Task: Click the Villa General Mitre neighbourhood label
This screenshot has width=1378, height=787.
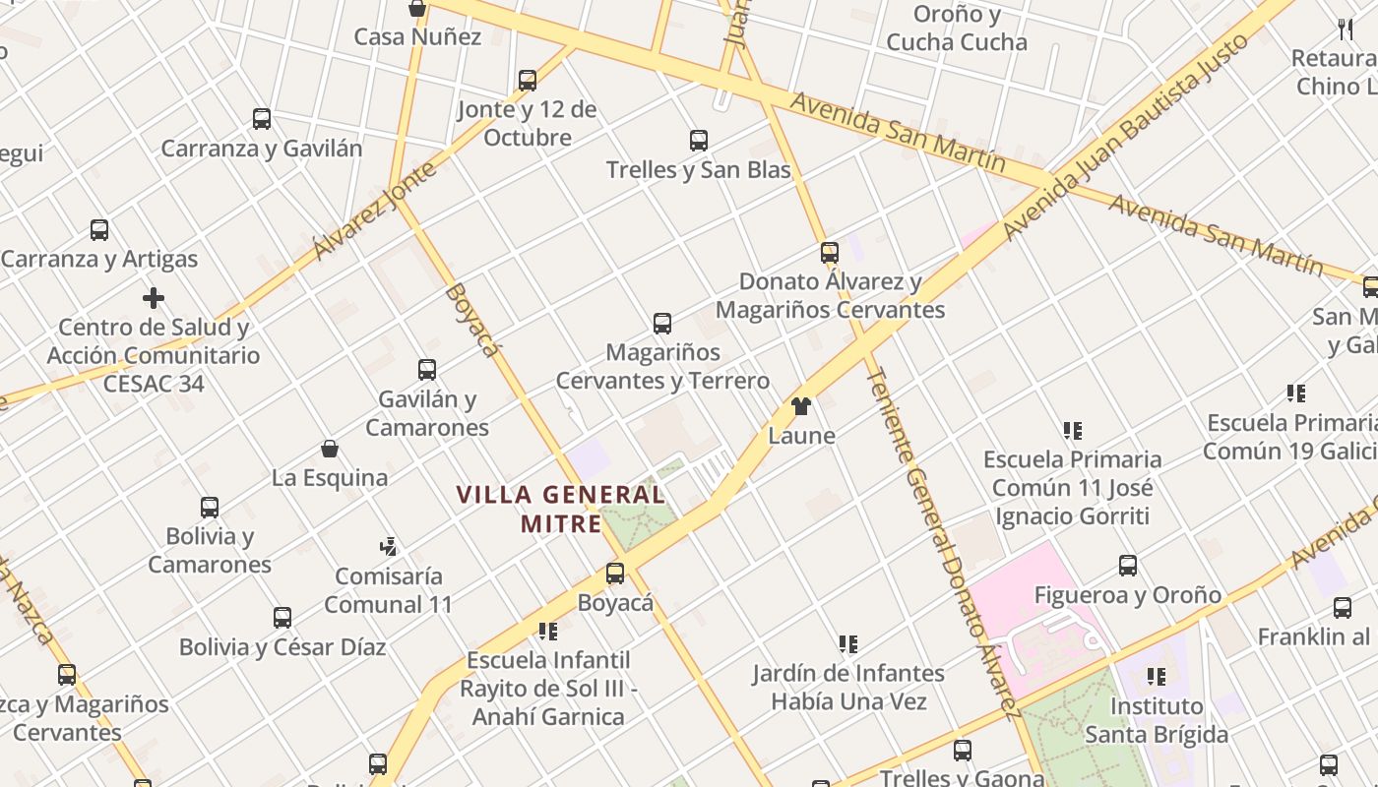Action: pos(560,509)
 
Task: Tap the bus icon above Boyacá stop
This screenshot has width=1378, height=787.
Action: pos(615,573)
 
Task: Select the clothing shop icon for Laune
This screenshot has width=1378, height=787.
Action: pos(800,406)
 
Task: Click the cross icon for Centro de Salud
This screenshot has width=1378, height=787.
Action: pos(154,297)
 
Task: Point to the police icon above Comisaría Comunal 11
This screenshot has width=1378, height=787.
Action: pos(389,546)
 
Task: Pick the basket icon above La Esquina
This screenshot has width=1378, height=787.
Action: pos(330,449)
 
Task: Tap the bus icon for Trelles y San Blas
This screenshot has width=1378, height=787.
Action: pos(699,140)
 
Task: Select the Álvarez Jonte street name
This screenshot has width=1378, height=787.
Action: pos(375,211)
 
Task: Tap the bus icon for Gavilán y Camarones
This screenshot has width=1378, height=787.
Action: pos(427,370)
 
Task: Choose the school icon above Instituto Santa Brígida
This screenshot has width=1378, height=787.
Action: pos(1157,677)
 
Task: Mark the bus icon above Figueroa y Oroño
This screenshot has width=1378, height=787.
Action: pos(1128,566)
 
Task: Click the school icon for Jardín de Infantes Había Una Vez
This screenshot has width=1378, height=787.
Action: pos(848,644)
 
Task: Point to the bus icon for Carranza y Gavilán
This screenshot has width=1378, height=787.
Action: pos(262,119)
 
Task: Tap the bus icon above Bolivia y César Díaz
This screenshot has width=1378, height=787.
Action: pos(282,618)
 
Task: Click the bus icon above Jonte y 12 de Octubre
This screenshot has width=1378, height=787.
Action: pos(528,81)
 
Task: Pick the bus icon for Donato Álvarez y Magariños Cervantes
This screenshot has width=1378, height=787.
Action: pos(830,253)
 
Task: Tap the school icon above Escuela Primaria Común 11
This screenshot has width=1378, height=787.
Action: pos(1073,430)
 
